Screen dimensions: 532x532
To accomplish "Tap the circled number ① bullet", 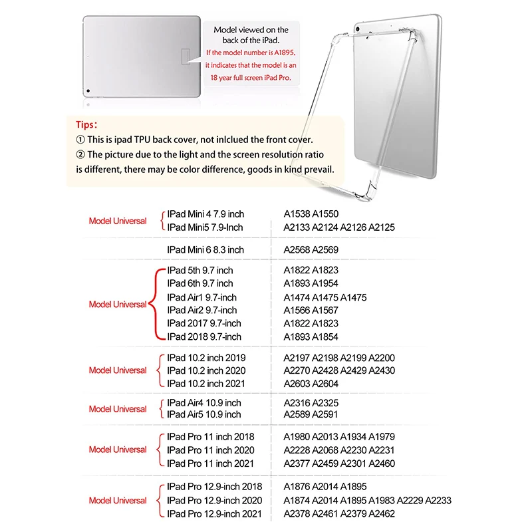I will point(80,140).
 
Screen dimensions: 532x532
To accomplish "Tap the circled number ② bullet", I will point(80,154).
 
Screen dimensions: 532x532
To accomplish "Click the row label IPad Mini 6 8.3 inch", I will point(205,249).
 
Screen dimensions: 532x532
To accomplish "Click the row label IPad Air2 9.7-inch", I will point(202,310).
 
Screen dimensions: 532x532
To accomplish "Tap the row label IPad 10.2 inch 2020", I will point(206,370).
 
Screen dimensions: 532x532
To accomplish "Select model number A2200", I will point(382,358).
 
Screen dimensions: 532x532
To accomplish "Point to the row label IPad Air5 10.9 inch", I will point(204,414).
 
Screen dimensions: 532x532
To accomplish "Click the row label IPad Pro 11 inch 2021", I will point(211,463).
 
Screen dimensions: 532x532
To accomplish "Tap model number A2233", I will point(438,500).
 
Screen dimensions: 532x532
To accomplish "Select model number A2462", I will point(382,513).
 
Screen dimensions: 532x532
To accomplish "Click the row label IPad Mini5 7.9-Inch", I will point(205,227).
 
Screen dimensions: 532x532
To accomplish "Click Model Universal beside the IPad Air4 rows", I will point(118,409).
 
